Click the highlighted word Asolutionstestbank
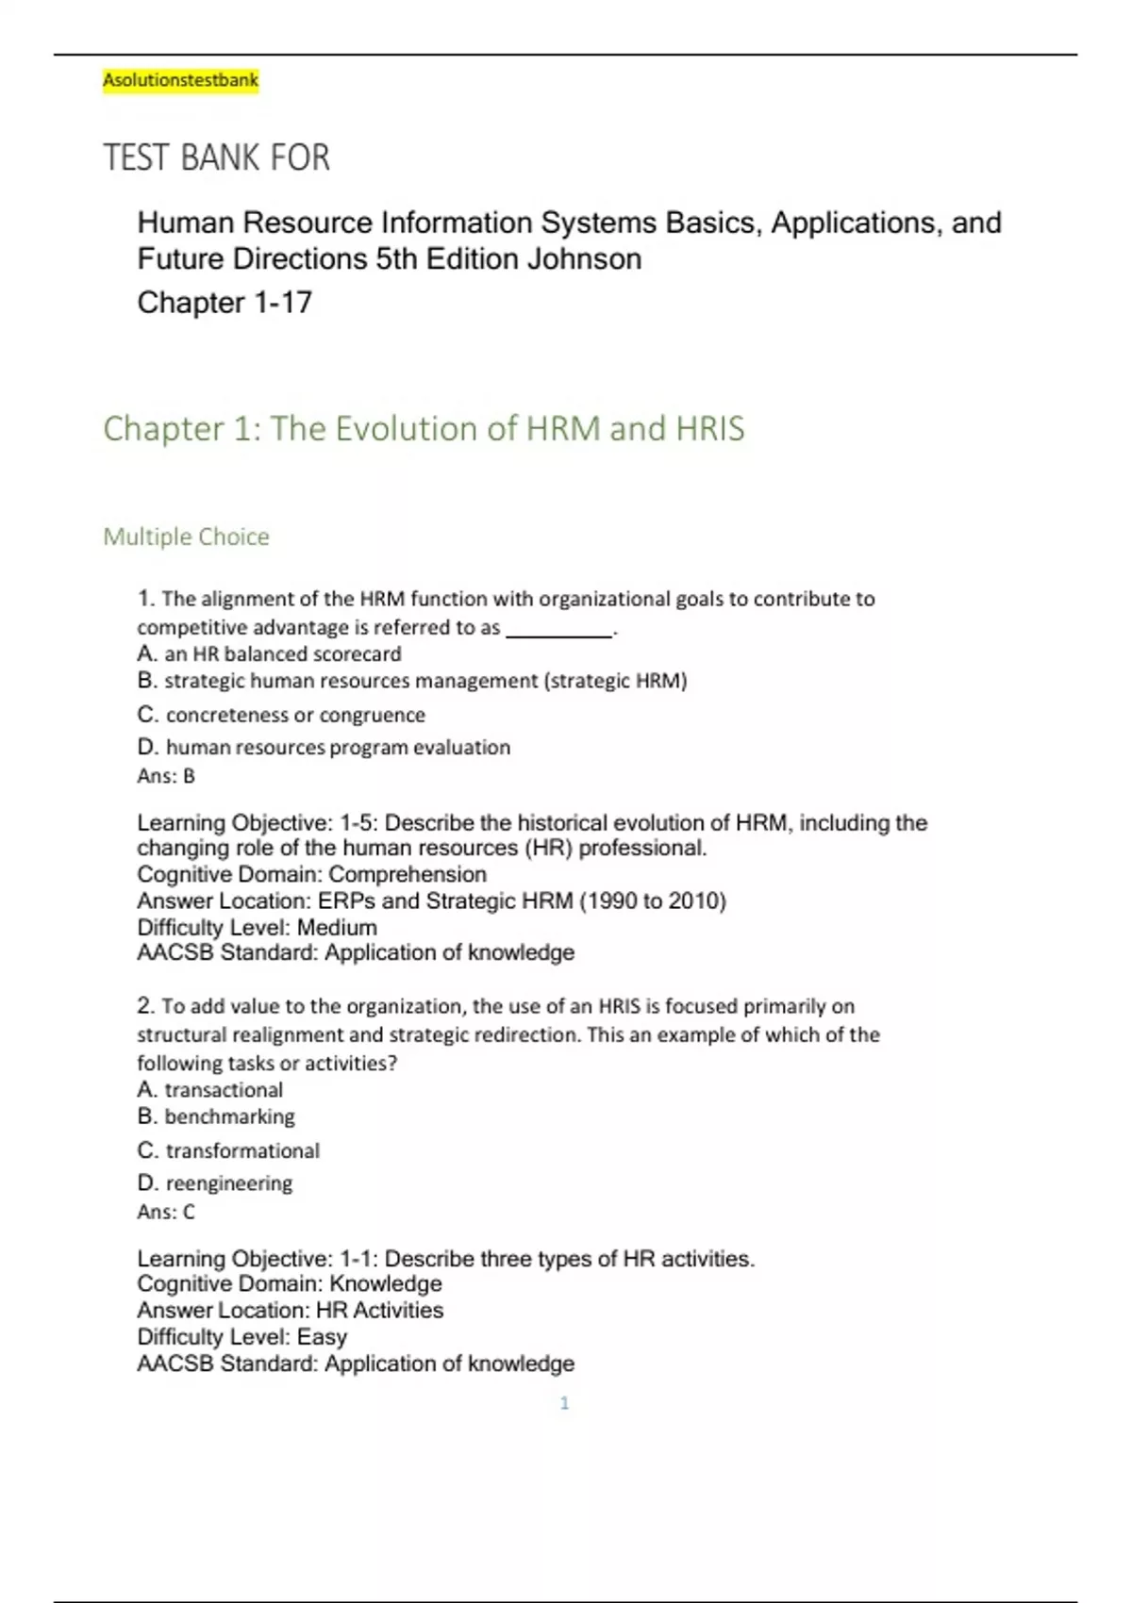[x=180, y=80]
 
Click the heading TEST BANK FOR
[x=216, y=157]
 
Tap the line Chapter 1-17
[x=225, y=303]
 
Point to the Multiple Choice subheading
[x=186, y=537]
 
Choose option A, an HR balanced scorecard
[x=269, y=653]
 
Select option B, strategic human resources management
[x=412, y=681]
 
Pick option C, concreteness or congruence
[x=281, y=715]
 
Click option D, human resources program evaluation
[x=324, y=747]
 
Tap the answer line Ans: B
[x=166, y=776]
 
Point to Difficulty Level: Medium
[x=257, y=927]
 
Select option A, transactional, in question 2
[x=209, y=1090]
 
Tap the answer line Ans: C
[x=166, y=1212]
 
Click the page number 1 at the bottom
[x=564, y=1403]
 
